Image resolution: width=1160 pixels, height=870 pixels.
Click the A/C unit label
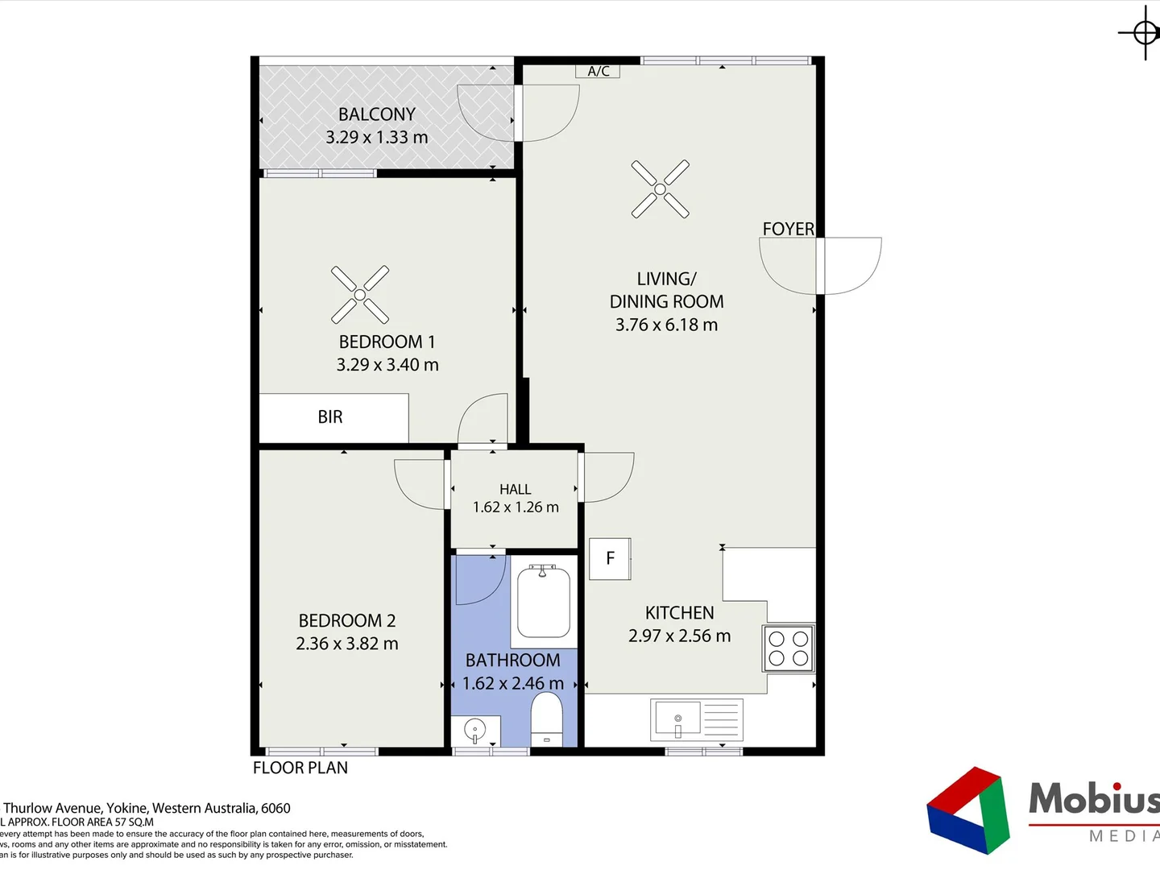point(598,71)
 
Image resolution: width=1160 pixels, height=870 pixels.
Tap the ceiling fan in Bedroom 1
point(360,295)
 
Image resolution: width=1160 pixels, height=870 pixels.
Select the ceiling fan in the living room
point(660,189)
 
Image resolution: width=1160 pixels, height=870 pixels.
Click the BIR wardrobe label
point(330,417)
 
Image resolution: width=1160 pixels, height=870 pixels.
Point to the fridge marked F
point(610,558)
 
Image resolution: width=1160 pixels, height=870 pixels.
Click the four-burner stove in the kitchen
point(789,648)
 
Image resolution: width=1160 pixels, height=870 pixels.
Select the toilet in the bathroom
point(547,719)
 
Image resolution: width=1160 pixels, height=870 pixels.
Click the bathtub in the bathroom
point(544,602)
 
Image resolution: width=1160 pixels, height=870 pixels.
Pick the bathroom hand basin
point(475,731)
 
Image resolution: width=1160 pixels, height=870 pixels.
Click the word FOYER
point(788,229)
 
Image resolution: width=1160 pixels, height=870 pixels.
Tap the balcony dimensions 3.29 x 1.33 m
point(376,138)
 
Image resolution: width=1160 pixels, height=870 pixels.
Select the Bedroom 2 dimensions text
point(346,644)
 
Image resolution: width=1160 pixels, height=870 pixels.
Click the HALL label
point(515,489)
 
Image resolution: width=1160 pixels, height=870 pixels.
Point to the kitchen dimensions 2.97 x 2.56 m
point(679,636)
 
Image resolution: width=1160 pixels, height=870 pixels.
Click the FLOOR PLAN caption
point(300,768)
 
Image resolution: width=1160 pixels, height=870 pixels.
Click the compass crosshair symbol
point(1145,33)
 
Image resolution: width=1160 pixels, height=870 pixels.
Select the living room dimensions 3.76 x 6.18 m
point(666,325)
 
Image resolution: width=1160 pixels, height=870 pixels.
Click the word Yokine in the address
point(127,808)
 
